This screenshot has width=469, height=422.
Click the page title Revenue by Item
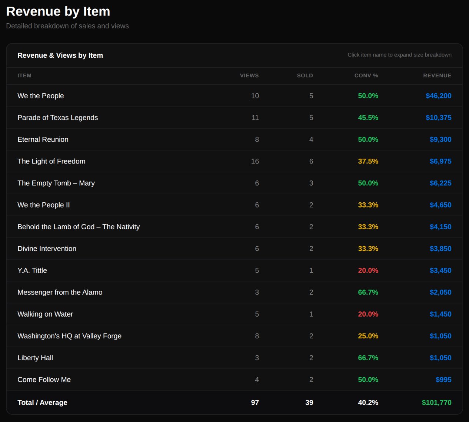point(58,11)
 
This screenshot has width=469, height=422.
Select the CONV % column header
point(366,75)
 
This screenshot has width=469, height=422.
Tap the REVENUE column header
point(437,75)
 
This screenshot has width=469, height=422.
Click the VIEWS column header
point(249,75)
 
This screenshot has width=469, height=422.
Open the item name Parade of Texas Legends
point(58,118)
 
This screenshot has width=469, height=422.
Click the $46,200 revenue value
point(438,96)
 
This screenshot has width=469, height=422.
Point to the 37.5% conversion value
point(368,161)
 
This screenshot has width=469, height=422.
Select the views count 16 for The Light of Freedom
point(255,161)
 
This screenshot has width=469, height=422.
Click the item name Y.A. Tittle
point(32,270)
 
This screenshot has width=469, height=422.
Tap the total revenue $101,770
point(436,402)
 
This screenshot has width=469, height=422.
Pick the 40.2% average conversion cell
point(368,402)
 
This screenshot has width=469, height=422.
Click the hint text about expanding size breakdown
point(399,55)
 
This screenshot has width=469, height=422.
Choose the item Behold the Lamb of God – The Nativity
point(79,227)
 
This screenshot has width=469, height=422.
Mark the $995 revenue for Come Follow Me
point(443,379)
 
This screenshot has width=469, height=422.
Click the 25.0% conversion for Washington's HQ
point(368,336)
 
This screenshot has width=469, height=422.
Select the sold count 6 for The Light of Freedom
point(311,161)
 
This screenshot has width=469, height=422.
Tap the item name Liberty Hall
point(35,358)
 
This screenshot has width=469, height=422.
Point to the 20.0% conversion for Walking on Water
point(368,314)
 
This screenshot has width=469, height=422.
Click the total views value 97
point(255,402)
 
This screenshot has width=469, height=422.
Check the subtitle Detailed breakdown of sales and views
point(67,26)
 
